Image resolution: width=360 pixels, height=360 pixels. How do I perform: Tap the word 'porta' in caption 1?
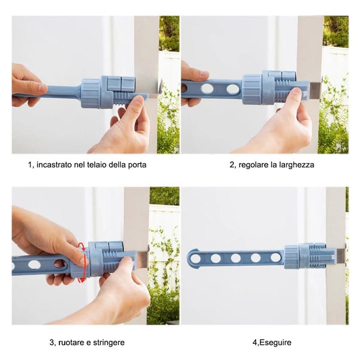coord(137,165)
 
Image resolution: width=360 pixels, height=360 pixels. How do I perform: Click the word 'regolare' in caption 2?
coord(253,165)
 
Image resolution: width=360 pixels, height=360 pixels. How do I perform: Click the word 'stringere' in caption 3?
coord(109,343)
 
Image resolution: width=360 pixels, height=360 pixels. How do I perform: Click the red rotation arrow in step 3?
coord(83,263)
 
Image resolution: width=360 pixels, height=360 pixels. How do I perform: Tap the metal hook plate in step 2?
coord(316,91)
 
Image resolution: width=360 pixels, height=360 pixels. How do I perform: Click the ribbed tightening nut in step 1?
coord(91,93)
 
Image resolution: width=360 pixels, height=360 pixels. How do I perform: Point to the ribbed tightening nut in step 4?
coord(291,257)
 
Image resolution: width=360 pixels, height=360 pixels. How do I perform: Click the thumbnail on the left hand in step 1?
coord(43,88)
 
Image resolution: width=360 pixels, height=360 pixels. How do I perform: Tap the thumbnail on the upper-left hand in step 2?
coord(204,73)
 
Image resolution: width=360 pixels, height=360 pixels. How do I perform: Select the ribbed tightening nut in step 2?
coord(252,89)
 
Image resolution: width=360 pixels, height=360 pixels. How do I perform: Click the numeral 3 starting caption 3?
coord(52,343)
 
